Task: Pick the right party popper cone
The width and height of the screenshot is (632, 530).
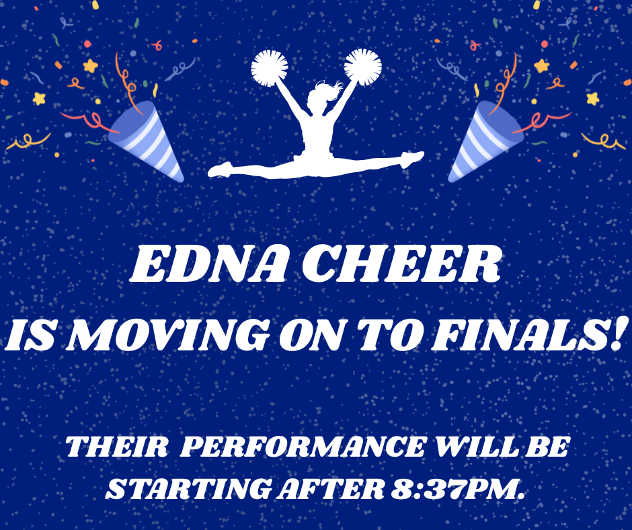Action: point(484,141)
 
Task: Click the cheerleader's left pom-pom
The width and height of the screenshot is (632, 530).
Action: point(269,67)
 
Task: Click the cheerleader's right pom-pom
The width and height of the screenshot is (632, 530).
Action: point(363,67)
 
